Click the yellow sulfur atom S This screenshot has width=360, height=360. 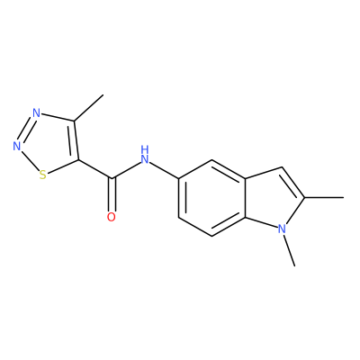(x=42, y=175)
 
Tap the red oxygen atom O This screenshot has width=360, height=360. (x=112, y=217)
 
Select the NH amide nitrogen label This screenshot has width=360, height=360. (x=145, y=155)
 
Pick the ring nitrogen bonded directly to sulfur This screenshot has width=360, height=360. (x=17, y=146)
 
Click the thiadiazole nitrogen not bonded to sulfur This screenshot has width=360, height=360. (x=36, y=113)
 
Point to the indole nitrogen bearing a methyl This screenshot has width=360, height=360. (x=281, y=229)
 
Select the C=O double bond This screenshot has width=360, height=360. (x=112, y=194)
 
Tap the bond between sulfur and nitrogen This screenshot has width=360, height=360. (x=30, y=160)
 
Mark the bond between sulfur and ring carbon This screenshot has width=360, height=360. (x=63, y=166)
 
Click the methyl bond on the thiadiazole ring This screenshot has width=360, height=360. (x=88, y=108)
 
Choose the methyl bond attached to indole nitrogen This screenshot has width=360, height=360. (x=289, y=250)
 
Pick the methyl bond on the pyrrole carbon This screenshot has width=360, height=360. (x=324, y=197)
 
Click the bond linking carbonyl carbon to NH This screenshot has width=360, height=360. (x=126, y=171)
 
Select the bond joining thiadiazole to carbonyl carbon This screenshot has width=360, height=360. (x=95, y=169)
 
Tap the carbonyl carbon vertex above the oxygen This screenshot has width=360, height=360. (x=112, y=179)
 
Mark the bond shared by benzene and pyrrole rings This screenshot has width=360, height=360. (x=246, y=198)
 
